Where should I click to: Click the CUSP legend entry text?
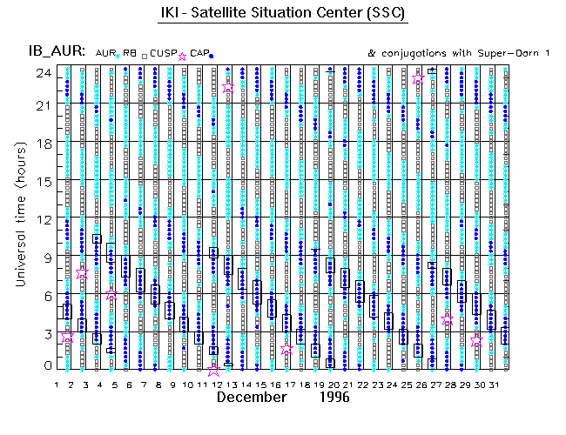pyautogui.click(x=163, y=53)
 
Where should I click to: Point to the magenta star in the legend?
pyautogui.click(x=183, y=55)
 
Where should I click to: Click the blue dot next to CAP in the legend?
pyautogui.click(x=212, y=56)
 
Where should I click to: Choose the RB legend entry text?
pyautogui.click(x=130, y=53)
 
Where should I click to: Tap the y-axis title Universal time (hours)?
pyautogui.click(x=30, y=217)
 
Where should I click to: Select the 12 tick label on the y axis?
pyautogui.click(x=41, y=219)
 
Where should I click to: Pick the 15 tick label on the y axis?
pyautogui.click(x=41, y=183)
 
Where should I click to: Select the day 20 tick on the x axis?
pyautogui.click(x=332, y=384)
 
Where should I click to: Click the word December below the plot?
pyautogui.click(x=251, y=398)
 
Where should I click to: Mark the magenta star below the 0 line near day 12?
pyautogui.click(x=214, y=371)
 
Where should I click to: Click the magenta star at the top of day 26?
pyautogui.click(x=419, y=79)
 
